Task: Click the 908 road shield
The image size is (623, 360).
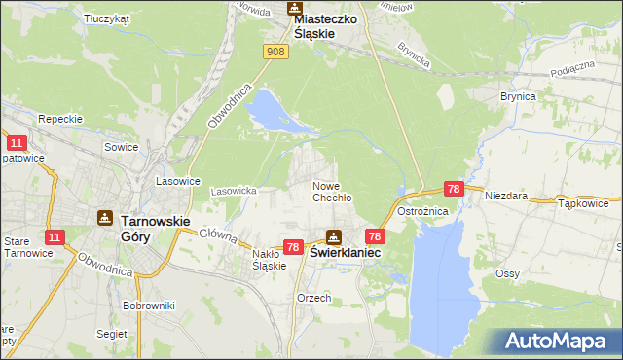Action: click(x=276, y=52)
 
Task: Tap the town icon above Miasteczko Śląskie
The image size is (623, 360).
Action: click(x=295, y=9)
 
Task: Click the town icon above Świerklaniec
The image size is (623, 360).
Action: click(x=334, y=235)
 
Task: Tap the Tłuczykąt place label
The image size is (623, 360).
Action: click(x=107, y=18)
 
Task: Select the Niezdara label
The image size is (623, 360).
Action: click(x=506, y=195)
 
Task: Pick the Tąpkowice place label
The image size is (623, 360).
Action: click(x=583, y=204)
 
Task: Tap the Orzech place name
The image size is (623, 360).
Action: click(x=314, y=298)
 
